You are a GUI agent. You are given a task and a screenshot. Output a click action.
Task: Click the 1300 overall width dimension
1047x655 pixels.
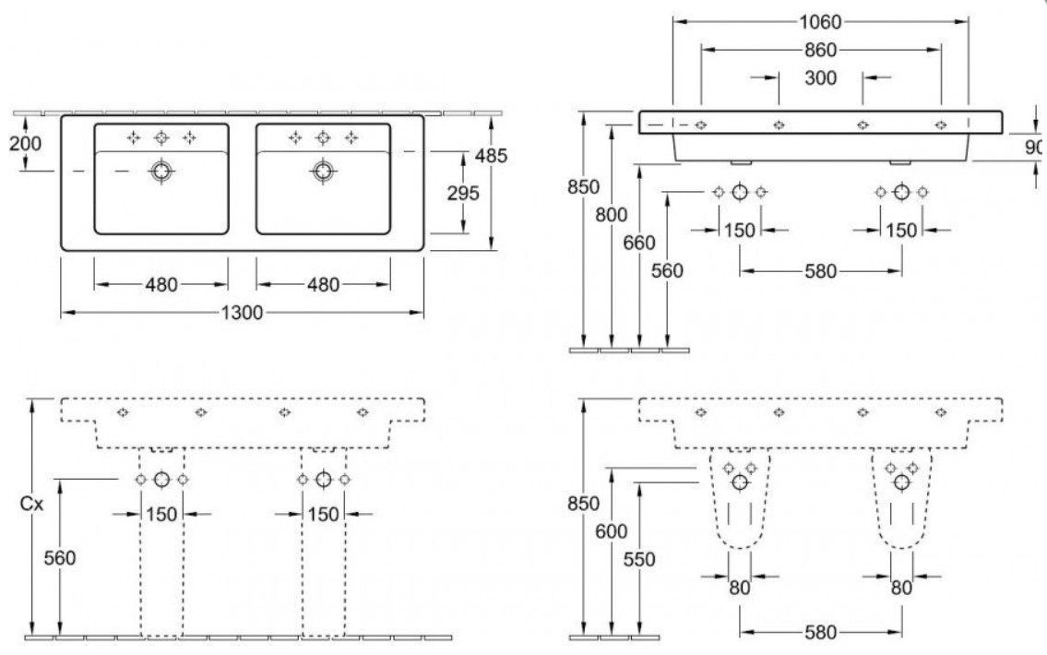242,313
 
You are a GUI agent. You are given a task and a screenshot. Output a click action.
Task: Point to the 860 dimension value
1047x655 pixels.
820,50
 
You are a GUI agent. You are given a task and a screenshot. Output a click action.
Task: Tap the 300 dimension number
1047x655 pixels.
820,78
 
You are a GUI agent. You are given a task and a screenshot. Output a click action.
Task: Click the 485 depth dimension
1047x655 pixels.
490,157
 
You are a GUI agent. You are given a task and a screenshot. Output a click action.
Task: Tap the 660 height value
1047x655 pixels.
638,243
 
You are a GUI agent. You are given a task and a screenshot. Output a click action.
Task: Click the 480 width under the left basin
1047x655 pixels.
161,284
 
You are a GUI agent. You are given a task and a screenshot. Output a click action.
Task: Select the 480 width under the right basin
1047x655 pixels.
323,284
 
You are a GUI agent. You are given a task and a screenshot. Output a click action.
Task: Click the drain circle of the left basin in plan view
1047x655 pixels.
162,171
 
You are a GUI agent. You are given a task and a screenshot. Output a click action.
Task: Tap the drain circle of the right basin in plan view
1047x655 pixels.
323,171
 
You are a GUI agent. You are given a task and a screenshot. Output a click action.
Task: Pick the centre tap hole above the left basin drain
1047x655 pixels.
161,138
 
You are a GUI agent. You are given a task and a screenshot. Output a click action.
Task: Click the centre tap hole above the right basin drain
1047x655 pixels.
323,138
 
